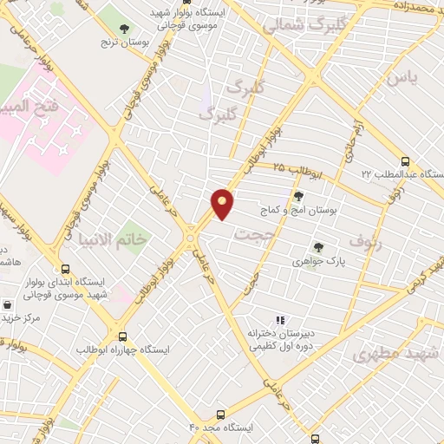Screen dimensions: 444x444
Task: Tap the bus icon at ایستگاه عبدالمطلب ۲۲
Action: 405,161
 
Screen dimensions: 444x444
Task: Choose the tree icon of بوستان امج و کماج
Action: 299,197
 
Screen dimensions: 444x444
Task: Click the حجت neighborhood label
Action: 258,235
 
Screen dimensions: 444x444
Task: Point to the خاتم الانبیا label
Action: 114,238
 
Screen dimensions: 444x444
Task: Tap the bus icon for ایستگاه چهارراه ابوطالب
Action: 122,336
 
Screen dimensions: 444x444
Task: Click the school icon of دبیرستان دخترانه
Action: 280,321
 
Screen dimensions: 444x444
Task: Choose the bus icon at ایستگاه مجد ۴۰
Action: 221,415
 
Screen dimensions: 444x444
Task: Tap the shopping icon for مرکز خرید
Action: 8,305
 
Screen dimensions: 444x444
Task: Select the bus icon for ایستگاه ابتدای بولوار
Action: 66,269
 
